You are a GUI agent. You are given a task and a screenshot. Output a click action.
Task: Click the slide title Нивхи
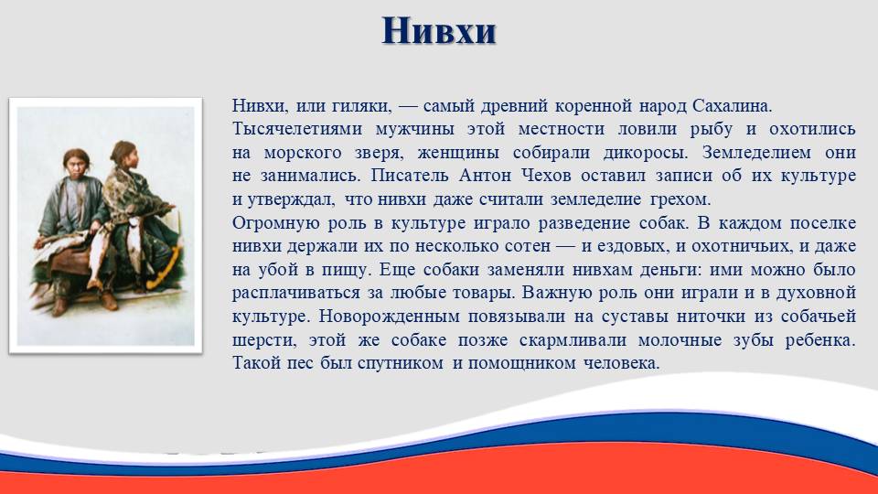(439, 30)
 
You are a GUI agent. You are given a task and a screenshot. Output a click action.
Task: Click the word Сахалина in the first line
(732, 105)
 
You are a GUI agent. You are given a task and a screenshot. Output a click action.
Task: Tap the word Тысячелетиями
(296, 129)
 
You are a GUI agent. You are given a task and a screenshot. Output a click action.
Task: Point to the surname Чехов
(546, 176)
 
